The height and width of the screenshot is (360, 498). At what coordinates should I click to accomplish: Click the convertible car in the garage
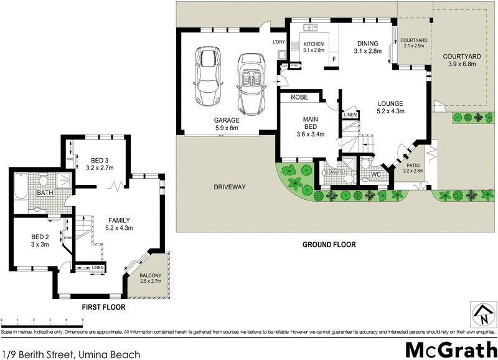(x=250, y=80)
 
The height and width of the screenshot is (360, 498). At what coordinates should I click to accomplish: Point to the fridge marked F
(x=334, y=60)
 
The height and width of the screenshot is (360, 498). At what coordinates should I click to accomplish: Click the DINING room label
(x=367, y=47)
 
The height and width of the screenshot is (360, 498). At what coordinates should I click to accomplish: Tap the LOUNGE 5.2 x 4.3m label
(x=390, y=108)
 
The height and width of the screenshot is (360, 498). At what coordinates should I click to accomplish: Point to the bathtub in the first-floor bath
(x=21, y=186)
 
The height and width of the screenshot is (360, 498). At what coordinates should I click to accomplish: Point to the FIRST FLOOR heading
(x=103, y=307)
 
